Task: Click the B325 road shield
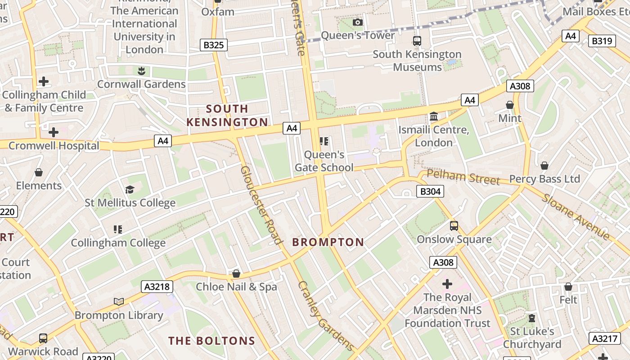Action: click(x=214, y=45)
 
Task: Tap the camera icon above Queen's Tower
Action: click(x=358, y=22)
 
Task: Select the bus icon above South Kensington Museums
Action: click(x=417, y=41)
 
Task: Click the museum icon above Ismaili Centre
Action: click(x=434, y=117)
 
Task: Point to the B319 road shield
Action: click(x=602, y=41)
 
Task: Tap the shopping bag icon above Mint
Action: click(x=510, y=105)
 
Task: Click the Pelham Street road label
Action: click(x=463, y=177)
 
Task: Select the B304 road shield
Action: click(x=430, y=192)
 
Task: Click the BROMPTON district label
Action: click(x=328, y=242)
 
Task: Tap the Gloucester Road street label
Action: click(x=261, y=205)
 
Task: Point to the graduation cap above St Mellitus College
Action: click(x=130, y=189)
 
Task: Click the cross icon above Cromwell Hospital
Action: click(x=54, y=132)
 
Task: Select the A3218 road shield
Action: click(x=157, y=287)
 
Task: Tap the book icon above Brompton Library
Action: click(x=119, y=301)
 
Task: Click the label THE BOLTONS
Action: click(x=211, y=341)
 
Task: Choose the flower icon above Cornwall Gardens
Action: click(x=141, y=71)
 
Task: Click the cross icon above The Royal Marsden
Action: click(x=447, y=284)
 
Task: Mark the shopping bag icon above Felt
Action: click(x=568, y=287)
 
